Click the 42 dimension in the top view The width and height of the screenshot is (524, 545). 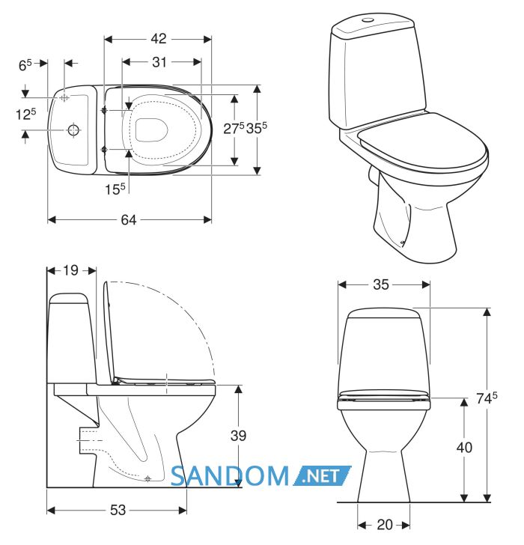(x=159, y=39)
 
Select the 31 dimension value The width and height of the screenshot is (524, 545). (x=159, y=62)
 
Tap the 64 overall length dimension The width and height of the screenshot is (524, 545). (x=129, y=219)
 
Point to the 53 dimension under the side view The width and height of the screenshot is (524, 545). (x=118, y=510)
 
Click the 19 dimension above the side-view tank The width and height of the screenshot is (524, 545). (x=70, y=270)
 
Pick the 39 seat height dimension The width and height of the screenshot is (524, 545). (x=238, y=436)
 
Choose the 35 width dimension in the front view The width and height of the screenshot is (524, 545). (x=381, y=284)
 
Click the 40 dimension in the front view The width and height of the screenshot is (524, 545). (x=464, y=448)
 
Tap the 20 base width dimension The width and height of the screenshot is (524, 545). (x=385, y=525)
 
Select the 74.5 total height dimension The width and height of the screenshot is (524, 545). (x=487, y=398)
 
